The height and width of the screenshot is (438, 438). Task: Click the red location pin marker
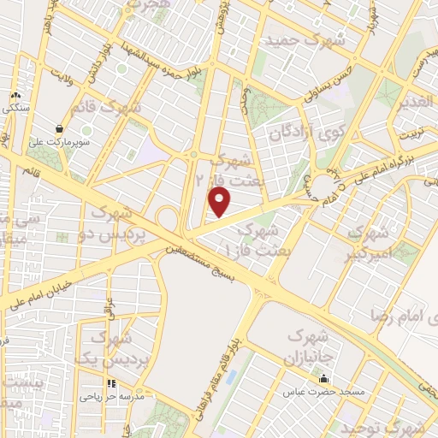220,202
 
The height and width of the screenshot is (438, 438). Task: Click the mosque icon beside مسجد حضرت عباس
323,379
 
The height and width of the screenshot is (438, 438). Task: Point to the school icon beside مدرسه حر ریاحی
109,383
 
